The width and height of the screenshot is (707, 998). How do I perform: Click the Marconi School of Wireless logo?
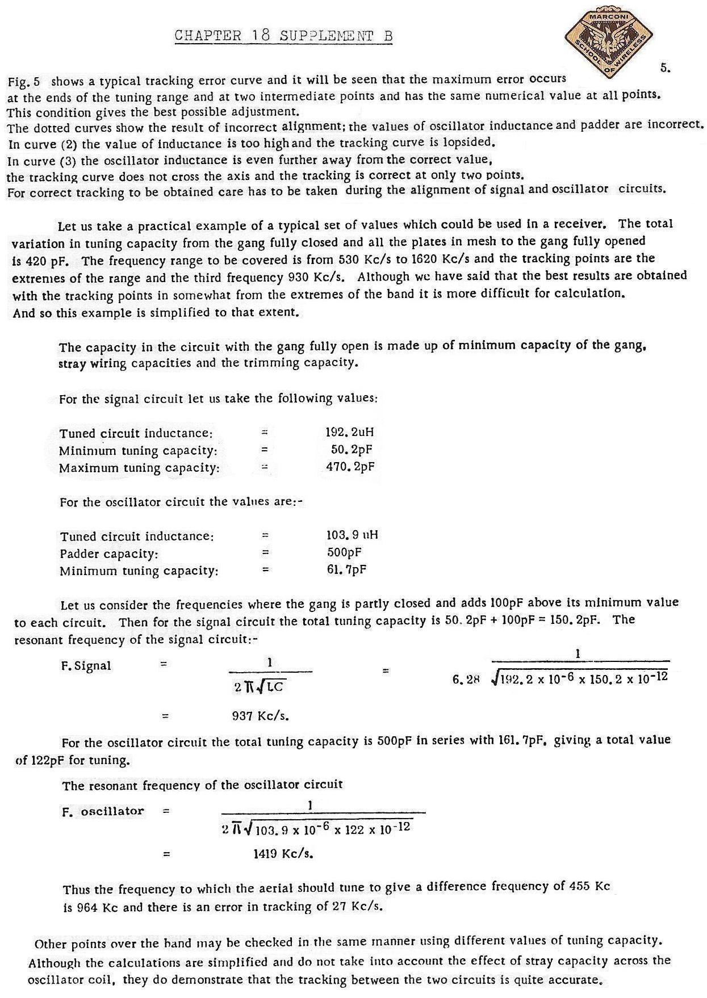tap(606, 44)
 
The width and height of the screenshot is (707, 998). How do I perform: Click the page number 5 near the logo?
tap(665, 68)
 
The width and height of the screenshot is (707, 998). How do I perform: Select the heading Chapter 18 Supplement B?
tap(283, 36)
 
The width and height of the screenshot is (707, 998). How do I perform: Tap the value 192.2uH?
tap(349, 432)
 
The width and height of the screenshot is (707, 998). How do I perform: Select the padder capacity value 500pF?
tap(344, 552)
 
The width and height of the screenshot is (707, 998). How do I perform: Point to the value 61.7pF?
tap(346, 569)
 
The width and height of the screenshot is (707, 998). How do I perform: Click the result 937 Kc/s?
tap(261, 716)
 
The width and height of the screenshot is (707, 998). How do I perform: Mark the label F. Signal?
tap(86, 666)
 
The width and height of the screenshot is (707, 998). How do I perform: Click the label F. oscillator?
tap(103, 811)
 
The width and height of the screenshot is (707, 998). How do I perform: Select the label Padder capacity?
tap(109, 553)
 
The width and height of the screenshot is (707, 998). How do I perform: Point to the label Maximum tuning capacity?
tap(139, 468)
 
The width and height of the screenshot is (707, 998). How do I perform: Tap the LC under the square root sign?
tap(275, 687)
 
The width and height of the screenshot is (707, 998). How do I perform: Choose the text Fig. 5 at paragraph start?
tap(24, 82)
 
